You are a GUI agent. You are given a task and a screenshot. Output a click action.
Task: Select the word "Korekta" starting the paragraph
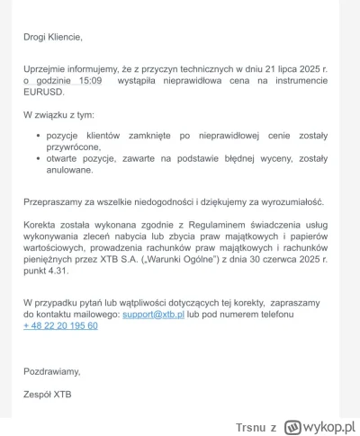[42, 231]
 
